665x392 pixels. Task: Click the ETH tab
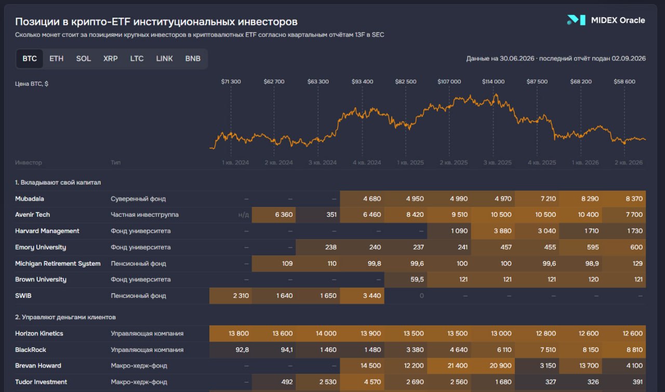point(57,59)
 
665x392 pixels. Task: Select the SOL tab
point(84,59)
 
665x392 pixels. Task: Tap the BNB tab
point(193,59)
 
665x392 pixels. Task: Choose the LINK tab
point(165,59)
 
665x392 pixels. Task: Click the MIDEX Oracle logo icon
point(576,20)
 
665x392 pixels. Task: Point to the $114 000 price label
point(493,82)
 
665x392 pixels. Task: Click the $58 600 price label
point(624,82)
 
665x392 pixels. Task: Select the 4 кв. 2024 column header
point(367,163)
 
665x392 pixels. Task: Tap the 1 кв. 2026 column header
point(585,163)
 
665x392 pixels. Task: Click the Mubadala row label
point(30,199)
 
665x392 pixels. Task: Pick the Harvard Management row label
point(47,231)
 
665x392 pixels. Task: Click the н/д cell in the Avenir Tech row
point(244,215)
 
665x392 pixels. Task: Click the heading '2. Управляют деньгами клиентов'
point(65,317)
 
